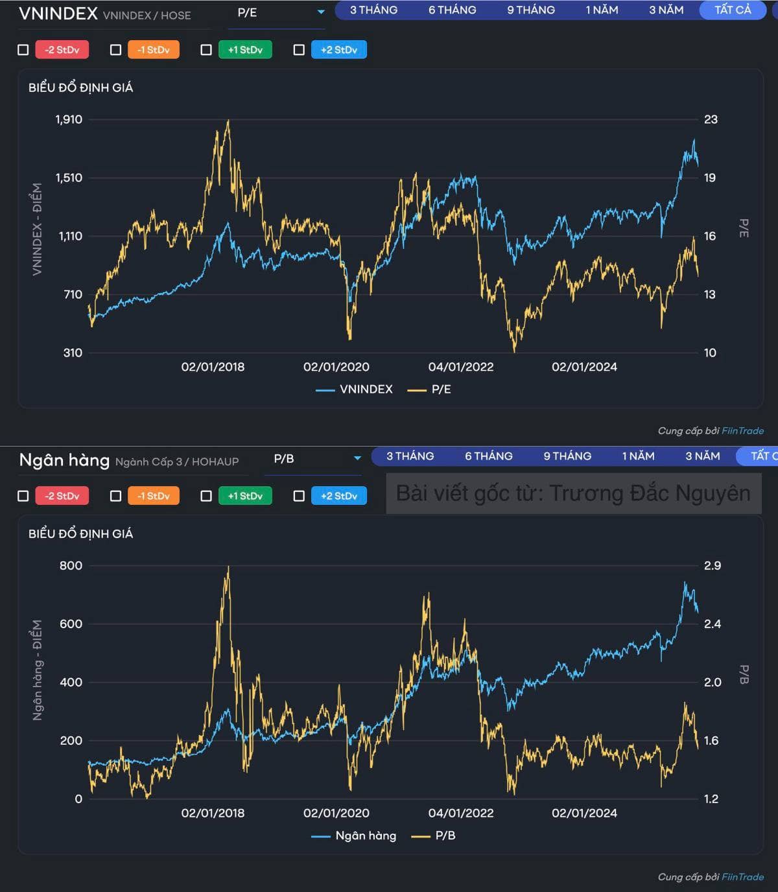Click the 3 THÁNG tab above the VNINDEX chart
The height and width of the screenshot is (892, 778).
click(373, 10)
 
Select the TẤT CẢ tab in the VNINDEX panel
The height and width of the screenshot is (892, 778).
click(733, 10)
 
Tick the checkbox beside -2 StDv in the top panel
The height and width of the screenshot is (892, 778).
click(23, 50)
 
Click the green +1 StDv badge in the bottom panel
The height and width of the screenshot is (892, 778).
click(245, 496)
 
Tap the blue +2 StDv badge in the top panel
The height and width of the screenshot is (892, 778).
click(339, 50)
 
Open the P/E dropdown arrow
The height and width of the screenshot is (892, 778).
click(321, 12)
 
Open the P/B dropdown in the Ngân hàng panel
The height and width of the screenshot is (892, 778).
click(357, 458)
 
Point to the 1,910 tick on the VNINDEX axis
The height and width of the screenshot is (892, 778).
click(69, 119)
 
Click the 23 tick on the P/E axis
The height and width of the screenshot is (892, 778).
click(711, 119)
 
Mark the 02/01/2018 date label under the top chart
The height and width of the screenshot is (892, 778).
click(213, 367)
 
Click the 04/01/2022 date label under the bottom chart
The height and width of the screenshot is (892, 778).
click(461, 813)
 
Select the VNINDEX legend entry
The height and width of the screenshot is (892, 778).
click(355, 390)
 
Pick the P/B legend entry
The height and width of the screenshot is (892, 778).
click(434, 836)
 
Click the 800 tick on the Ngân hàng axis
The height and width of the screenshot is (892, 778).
click(71, 565)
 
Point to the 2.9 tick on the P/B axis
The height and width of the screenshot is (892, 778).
click(712, 565)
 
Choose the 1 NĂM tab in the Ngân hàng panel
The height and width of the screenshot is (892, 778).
click(638, 456)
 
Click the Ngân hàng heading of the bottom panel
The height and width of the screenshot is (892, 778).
click(64, 460)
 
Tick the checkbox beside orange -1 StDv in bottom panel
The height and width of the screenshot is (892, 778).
click(116, 496)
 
